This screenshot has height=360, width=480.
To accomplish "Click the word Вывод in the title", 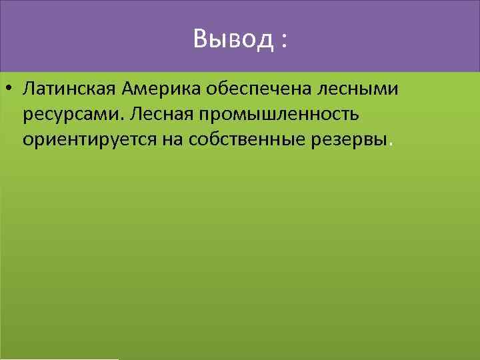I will [233, 39].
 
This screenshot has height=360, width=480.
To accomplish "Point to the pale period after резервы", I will [391, 143].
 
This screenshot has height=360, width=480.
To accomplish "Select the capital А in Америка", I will [128, 89].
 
